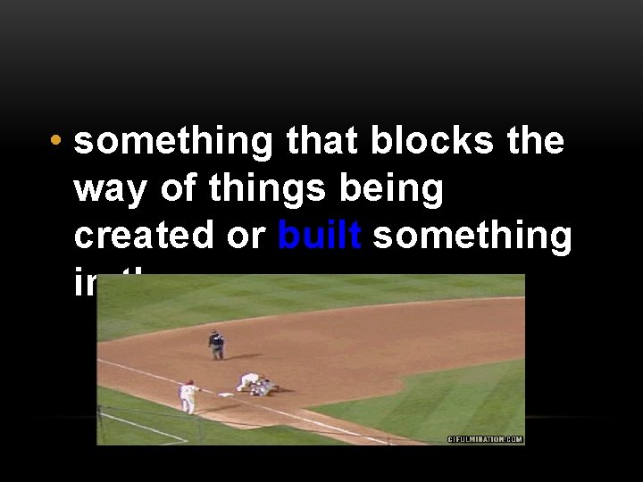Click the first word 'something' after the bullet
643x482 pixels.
click(173, 142)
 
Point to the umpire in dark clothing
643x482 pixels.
click(215, 345)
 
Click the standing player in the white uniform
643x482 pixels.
click(188, 396)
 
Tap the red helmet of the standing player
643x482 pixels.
click(188, 383)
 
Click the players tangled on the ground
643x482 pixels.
click(256, 384)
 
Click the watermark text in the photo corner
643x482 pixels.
click(484, 439)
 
